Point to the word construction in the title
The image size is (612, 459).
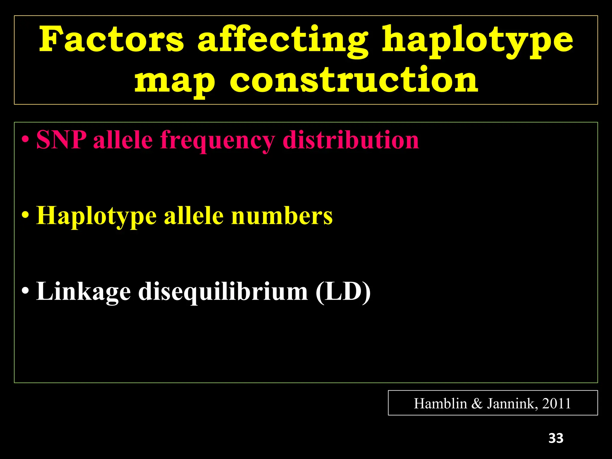(x=354, y=79)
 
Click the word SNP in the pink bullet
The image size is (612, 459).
(x=61, y=140)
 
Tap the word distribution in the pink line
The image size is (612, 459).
(x=351, y=140)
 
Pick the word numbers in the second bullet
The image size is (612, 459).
(x=282, y=215)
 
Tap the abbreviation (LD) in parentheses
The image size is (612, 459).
(x=343, y=291)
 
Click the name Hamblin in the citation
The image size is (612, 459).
(x=440, y=404)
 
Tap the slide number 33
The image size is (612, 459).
(x=556, y=438)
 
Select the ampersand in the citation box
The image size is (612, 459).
(x=477, y=404)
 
